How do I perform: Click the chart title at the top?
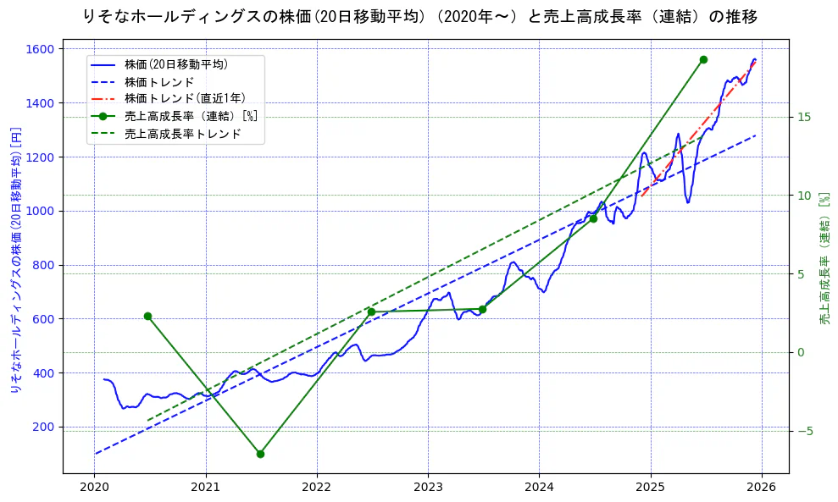point(420,16)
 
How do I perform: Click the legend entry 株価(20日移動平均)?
point(175,64)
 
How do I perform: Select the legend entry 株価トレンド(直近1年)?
point(184,99)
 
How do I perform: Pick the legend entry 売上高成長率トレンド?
point(182,134)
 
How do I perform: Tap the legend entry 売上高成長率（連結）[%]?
point(190,117)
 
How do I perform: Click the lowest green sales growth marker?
point(260,454)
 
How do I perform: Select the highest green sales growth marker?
point(703,59)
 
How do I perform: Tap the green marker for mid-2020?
point(147,316)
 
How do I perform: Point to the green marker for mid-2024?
point(593,218)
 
